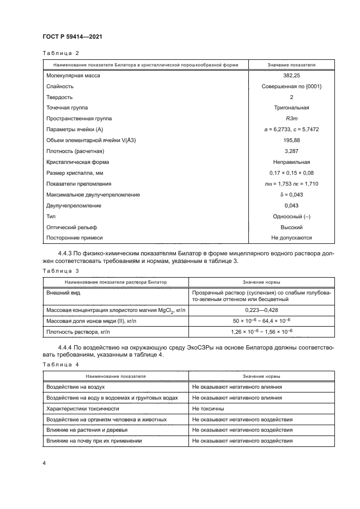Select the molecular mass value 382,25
291,76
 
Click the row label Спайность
60,86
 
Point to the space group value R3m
291,118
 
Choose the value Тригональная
291,108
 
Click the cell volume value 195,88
291,140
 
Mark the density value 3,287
291,151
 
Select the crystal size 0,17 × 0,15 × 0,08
291,173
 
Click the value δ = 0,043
291,194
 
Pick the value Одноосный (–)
291,216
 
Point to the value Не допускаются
291,238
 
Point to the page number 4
44,463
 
